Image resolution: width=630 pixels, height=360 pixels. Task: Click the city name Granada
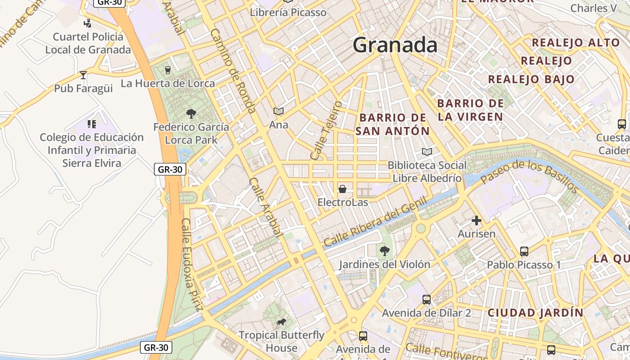[x=395, y=45]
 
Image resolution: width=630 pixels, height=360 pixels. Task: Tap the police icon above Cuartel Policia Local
[x=88, y=23]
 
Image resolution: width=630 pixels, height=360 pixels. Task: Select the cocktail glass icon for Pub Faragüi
[x=83, y=75]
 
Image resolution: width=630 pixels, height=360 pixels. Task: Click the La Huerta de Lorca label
[x=167, y=83]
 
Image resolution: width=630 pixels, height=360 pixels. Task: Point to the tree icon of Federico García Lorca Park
[x=191, y=113]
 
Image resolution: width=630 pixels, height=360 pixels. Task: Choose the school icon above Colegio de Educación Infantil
[x=92, y=124]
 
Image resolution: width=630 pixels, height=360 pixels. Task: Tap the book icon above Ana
[x=279, y=111]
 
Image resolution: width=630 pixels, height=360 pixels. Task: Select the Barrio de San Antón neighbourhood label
[x=392, y=124]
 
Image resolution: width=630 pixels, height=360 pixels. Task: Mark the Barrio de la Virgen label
[x=470, y=110]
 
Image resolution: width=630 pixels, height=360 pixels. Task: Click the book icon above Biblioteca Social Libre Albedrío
[x=427, y=152]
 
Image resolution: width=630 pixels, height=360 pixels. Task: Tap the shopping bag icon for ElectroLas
[x=342, y=189]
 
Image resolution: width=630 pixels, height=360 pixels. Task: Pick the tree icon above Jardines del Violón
[x=384, y=251]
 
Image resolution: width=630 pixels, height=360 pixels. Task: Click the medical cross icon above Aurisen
[x=476, y=220]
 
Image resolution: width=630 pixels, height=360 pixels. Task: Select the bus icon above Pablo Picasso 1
[x=524, y=251]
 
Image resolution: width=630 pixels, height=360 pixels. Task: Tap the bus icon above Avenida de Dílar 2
[x=426, y=299]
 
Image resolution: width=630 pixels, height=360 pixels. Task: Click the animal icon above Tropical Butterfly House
[x=281, y=322]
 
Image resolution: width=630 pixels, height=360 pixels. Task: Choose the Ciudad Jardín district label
[x=535, y=312]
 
